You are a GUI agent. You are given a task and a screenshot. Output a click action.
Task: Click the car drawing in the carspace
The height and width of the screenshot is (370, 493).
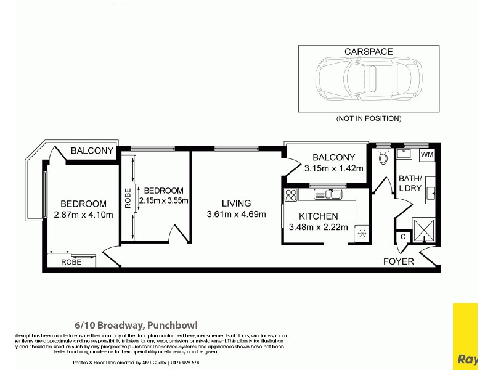tap(368, 80)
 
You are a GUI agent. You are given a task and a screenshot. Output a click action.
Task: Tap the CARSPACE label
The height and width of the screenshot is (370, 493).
tap(369, 52)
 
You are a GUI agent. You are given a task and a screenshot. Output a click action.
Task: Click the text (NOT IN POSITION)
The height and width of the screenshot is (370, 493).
tap(369, 118)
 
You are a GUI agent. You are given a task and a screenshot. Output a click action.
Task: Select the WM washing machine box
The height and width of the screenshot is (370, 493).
tap(427, 154)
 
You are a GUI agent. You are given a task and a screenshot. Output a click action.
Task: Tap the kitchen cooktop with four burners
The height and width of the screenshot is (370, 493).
tap(291, 195)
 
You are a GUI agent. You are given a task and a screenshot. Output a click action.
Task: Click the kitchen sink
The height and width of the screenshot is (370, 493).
tap(328, 195)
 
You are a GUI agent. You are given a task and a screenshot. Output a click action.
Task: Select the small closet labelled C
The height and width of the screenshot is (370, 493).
tap(402, 236)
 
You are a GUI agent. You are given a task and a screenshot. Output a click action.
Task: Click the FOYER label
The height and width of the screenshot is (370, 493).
tap(398, 261)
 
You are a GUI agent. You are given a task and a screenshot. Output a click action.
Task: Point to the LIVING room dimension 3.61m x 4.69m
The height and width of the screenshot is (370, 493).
tap(236, 215)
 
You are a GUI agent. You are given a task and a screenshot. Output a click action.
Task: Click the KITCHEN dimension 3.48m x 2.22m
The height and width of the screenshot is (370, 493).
tap(318, 227)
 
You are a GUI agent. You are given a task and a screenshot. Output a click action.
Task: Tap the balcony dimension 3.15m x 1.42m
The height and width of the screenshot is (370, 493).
tap(333, 168)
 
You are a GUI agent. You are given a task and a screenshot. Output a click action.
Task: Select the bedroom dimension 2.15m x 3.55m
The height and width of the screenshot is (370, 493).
tap(163, 200)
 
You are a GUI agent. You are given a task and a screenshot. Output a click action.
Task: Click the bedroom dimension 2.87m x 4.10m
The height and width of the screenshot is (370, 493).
tap(83, 215)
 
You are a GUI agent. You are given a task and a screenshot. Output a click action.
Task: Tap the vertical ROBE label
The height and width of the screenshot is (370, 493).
tap(128, 198)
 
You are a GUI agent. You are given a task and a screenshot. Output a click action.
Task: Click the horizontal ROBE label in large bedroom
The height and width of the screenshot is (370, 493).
tap(71, 262)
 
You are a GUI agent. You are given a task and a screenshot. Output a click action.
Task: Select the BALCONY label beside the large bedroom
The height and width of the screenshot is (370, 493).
tap(92, 150)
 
